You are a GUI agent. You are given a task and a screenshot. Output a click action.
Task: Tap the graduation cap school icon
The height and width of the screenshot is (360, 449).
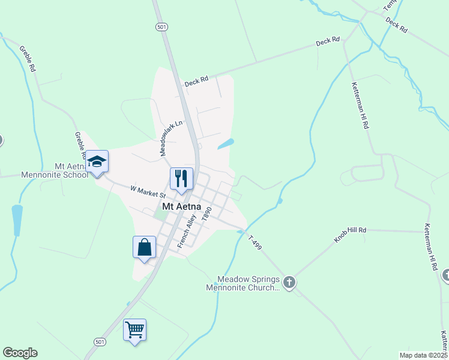pyautogui.click(x=97, y=161)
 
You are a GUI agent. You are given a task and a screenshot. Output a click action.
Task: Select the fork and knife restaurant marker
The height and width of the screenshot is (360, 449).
pyautogui.click(x=181, y=178)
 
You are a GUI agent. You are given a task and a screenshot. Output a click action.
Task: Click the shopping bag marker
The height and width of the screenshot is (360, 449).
pyautogui.click(x=144, y=247)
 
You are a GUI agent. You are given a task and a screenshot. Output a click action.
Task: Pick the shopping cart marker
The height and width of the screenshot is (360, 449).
pyautogui.click(x=134, y=329)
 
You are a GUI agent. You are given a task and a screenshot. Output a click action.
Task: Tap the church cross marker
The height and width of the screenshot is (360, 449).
pyautogui.click(x=289, y=282)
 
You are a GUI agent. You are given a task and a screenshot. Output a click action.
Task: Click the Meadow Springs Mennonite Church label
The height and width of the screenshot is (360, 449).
pyautogui.click(x=248, y=283)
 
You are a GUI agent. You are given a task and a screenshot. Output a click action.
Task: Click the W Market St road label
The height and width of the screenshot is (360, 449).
pyautogui.click(x=148, y=191)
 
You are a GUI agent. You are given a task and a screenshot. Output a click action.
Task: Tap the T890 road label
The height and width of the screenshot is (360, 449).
pyautogui.click(x=207, y=214)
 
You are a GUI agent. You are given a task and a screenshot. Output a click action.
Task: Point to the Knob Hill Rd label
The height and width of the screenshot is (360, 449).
pyautogui.click(x=350, y=234)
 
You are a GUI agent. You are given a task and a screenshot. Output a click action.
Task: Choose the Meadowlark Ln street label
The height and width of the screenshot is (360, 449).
pyautogui.click(x=170, y=137)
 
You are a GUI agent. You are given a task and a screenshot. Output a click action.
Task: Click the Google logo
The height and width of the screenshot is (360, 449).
pyautogui.click(x=20, y=353)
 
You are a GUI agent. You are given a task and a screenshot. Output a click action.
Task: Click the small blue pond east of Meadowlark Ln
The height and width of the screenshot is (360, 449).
pyautogui.click(x=225, y=144)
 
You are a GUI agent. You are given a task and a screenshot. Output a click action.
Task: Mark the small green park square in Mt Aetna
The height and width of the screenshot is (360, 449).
pyautogui.click(x=159, y=210)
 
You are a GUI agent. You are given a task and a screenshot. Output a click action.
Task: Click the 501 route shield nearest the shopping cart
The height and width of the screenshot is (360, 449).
pyautogui.click(x=100, y=341)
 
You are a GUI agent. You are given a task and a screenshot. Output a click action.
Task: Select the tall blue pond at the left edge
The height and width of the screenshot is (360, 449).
pyautogui.click(x=17, y=220)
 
